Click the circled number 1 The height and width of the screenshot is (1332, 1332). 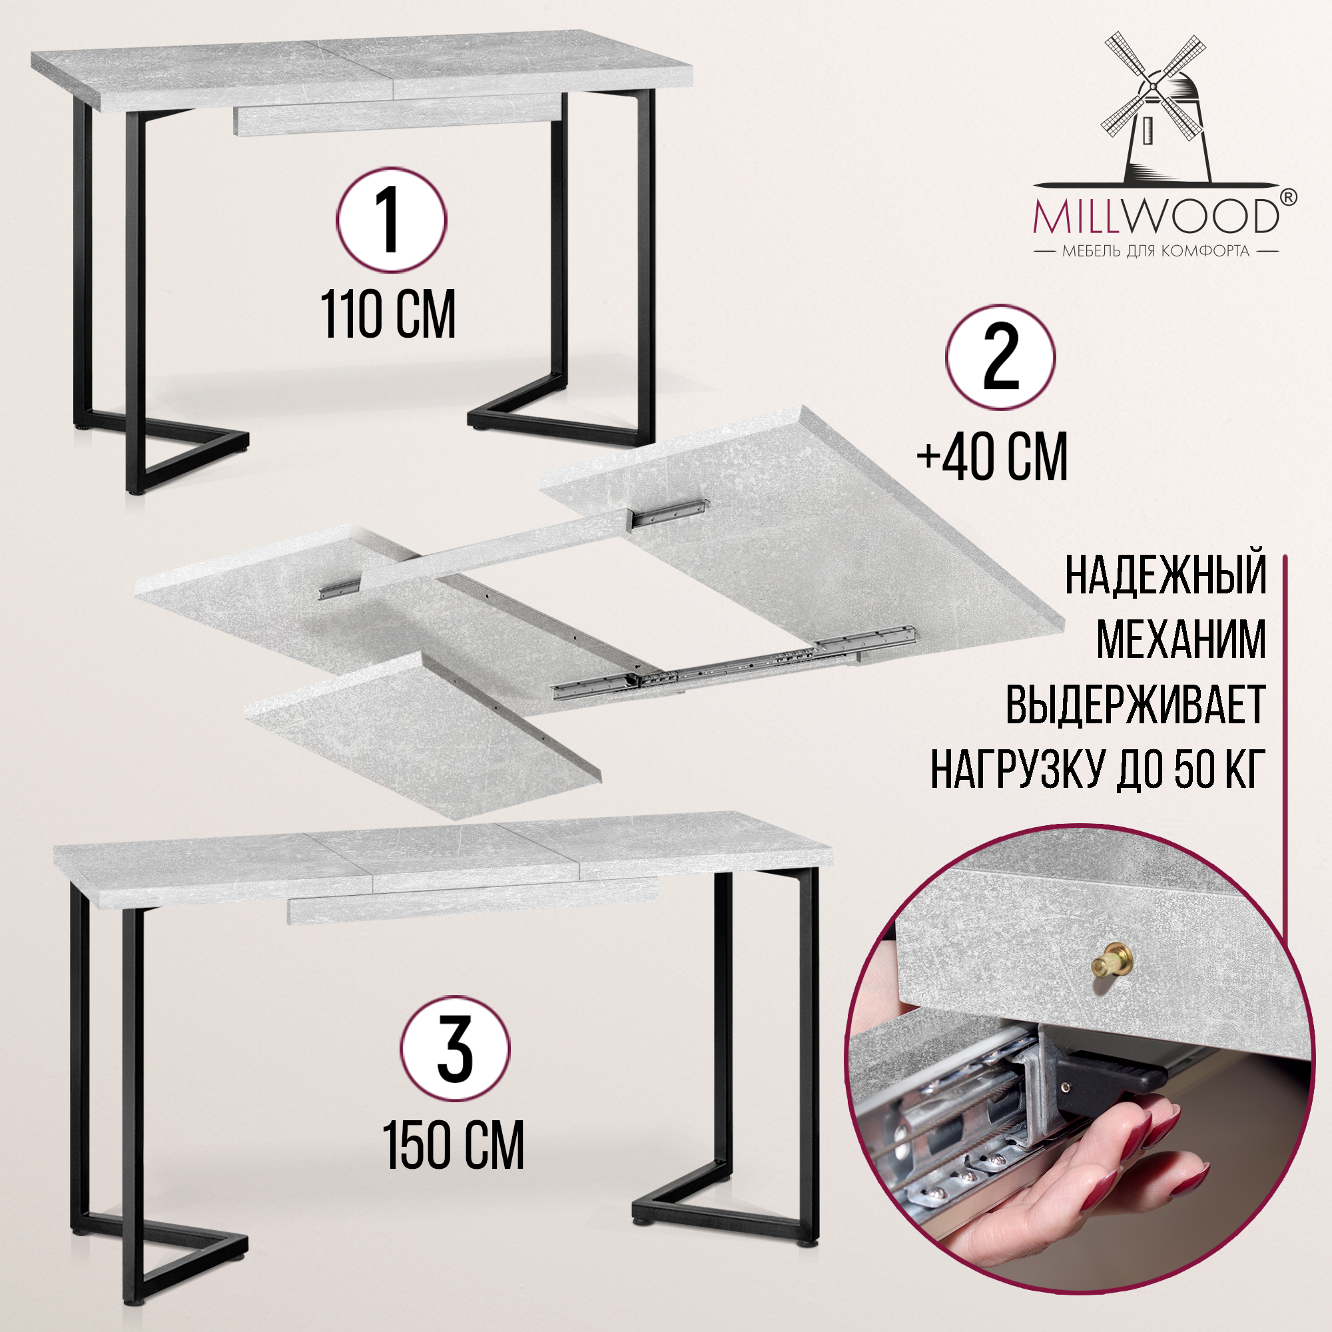[x=391, y=220]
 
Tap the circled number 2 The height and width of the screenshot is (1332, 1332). [x=1000, y=358]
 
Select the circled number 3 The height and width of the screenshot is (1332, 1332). [x=455, y=1049]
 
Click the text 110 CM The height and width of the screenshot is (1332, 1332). [x=388, y=314]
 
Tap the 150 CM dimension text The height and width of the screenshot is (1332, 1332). [x=454, y=1145]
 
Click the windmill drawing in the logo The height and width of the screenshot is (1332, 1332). [x=1154, y=109]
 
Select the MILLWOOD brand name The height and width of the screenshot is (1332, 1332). [x=1156, y=216]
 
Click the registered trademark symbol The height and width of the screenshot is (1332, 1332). [x=1288, y=198]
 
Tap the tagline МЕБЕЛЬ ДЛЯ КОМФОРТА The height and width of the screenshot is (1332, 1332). [x=1156, y=251]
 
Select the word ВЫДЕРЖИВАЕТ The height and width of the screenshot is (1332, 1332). [x=1136, y=704]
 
